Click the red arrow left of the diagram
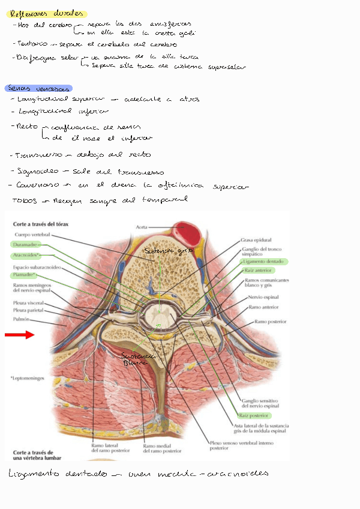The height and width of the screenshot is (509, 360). tap(20, 335)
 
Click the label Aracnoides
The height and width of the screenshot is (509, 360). tap(26, 255)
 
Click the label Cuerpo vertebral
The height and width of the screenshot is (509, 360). tap(32, 235)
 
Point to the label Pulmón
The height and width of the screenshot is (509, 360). tap(22, 320)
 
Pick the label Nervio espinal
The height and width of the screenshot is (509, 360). tap(263, 297)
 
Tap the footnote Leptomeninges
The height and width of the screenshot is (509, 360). tap(28, 379)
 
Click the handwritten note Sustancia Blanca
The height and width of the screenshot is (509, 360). tap(136, 358)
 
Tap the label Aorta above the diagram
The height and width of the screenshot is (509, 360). tap(142, 227)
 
